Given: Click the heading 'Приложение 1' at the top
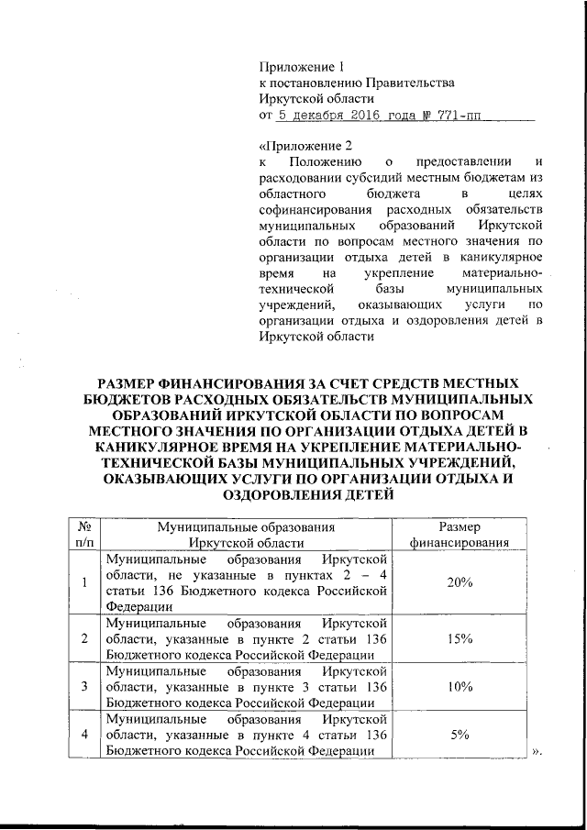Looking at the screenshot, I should [301, 66].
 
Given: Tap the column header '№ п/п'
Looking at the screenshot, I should [83, 534].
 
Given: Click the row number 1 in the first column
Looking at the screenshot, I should [83, 582].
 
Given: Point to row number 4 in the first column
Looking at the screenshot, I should [83, 735].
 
